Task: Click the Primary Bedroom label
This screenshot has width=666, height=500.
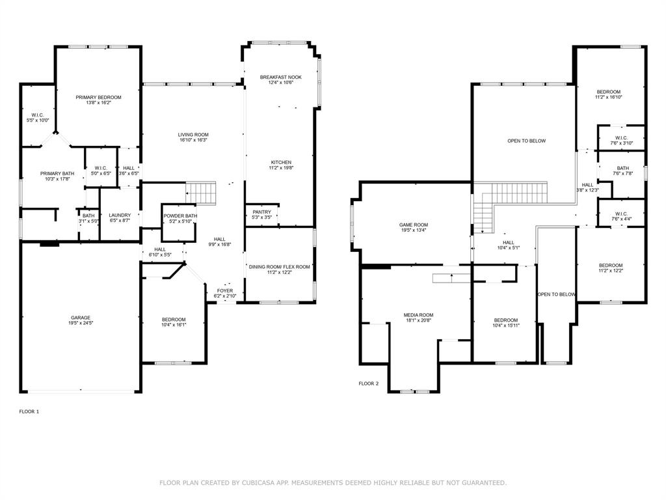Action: point(98,97)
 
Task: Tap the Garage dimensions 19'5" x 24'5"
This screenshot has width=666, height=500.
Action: point(81,324)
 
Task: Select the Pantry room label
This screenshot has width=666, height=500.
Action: point(261,212)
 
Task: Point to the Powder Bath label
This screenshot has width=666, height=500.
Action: point(180,215)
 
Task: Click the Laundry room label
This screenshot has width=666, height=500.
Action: point(120,215)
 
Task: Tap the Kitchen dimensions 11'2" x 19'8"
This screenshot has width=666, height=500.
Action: point(281,168)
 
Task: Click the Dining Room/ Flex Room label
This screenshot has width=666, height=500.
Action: point(280,267)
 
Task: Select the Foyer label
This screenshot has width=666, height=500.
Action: point(225,290)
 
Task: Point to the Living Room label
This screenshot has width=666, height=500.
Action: point(193,135)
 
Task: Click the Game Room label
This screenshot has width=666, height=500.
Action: point(414,225)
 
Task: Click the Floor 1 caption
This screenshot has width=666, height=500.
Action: point(29,411)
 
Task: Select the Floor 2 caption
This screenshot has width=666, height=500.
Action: point(368,383)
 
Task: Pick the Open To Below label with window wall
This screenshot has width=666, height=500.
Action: point(526,141)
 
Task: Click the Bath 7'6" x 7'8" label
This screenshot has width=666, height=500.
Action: point(622,168)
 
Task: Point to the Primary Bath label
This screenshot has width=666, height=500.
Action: point(57,173)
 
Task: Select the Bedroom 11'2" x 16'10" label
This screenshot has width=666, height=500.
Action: point(609,92)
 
